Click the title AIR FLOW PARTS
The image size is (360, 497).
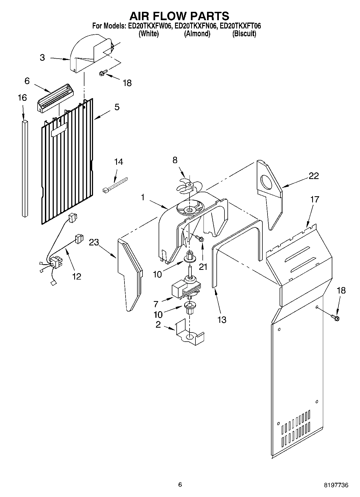click(x=179, y=16)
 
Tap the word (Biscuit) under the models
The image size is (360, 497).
click(x=244, y=34)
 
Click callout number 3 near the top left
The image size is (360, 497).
click(x=42, y=58)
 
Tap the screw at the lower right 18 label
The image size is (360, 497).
click(x=336, y=317)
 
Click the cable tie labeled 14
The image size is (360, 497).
click(x=115, y=185)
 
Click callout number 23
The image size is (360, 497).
click(x=94, y=242)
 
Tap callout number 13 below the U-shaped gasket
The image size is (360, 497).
click(x=222, y=320)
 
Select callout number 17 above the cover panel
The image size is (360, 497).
click(x=315, y=199)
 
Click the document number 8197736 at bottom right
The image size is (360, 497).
click(x=336, y=485)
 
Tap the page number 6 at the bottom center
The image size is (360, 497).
click(x=180, y=485)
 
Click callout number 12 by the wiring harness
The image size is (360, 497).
click(x=77, y=276)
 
